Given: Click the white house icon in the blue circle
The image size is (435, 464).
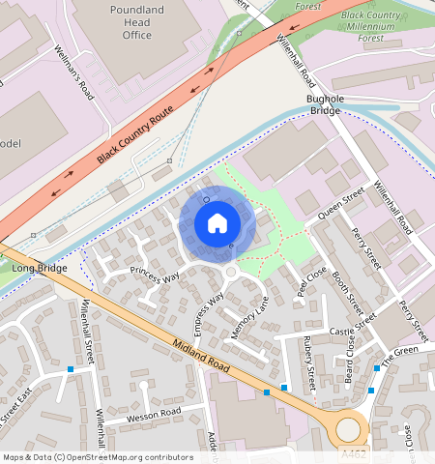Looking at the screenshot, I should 217,223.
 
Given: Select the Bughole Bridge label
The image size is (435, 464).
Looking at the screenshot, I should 324,104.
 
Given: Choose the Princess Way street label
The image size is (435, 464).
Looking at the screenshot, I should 155,276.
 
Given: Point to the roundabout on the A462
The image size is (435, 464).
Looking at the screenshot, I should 346,426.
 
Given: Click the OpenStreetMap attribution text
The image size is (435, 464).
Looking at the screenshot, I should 98,457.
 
